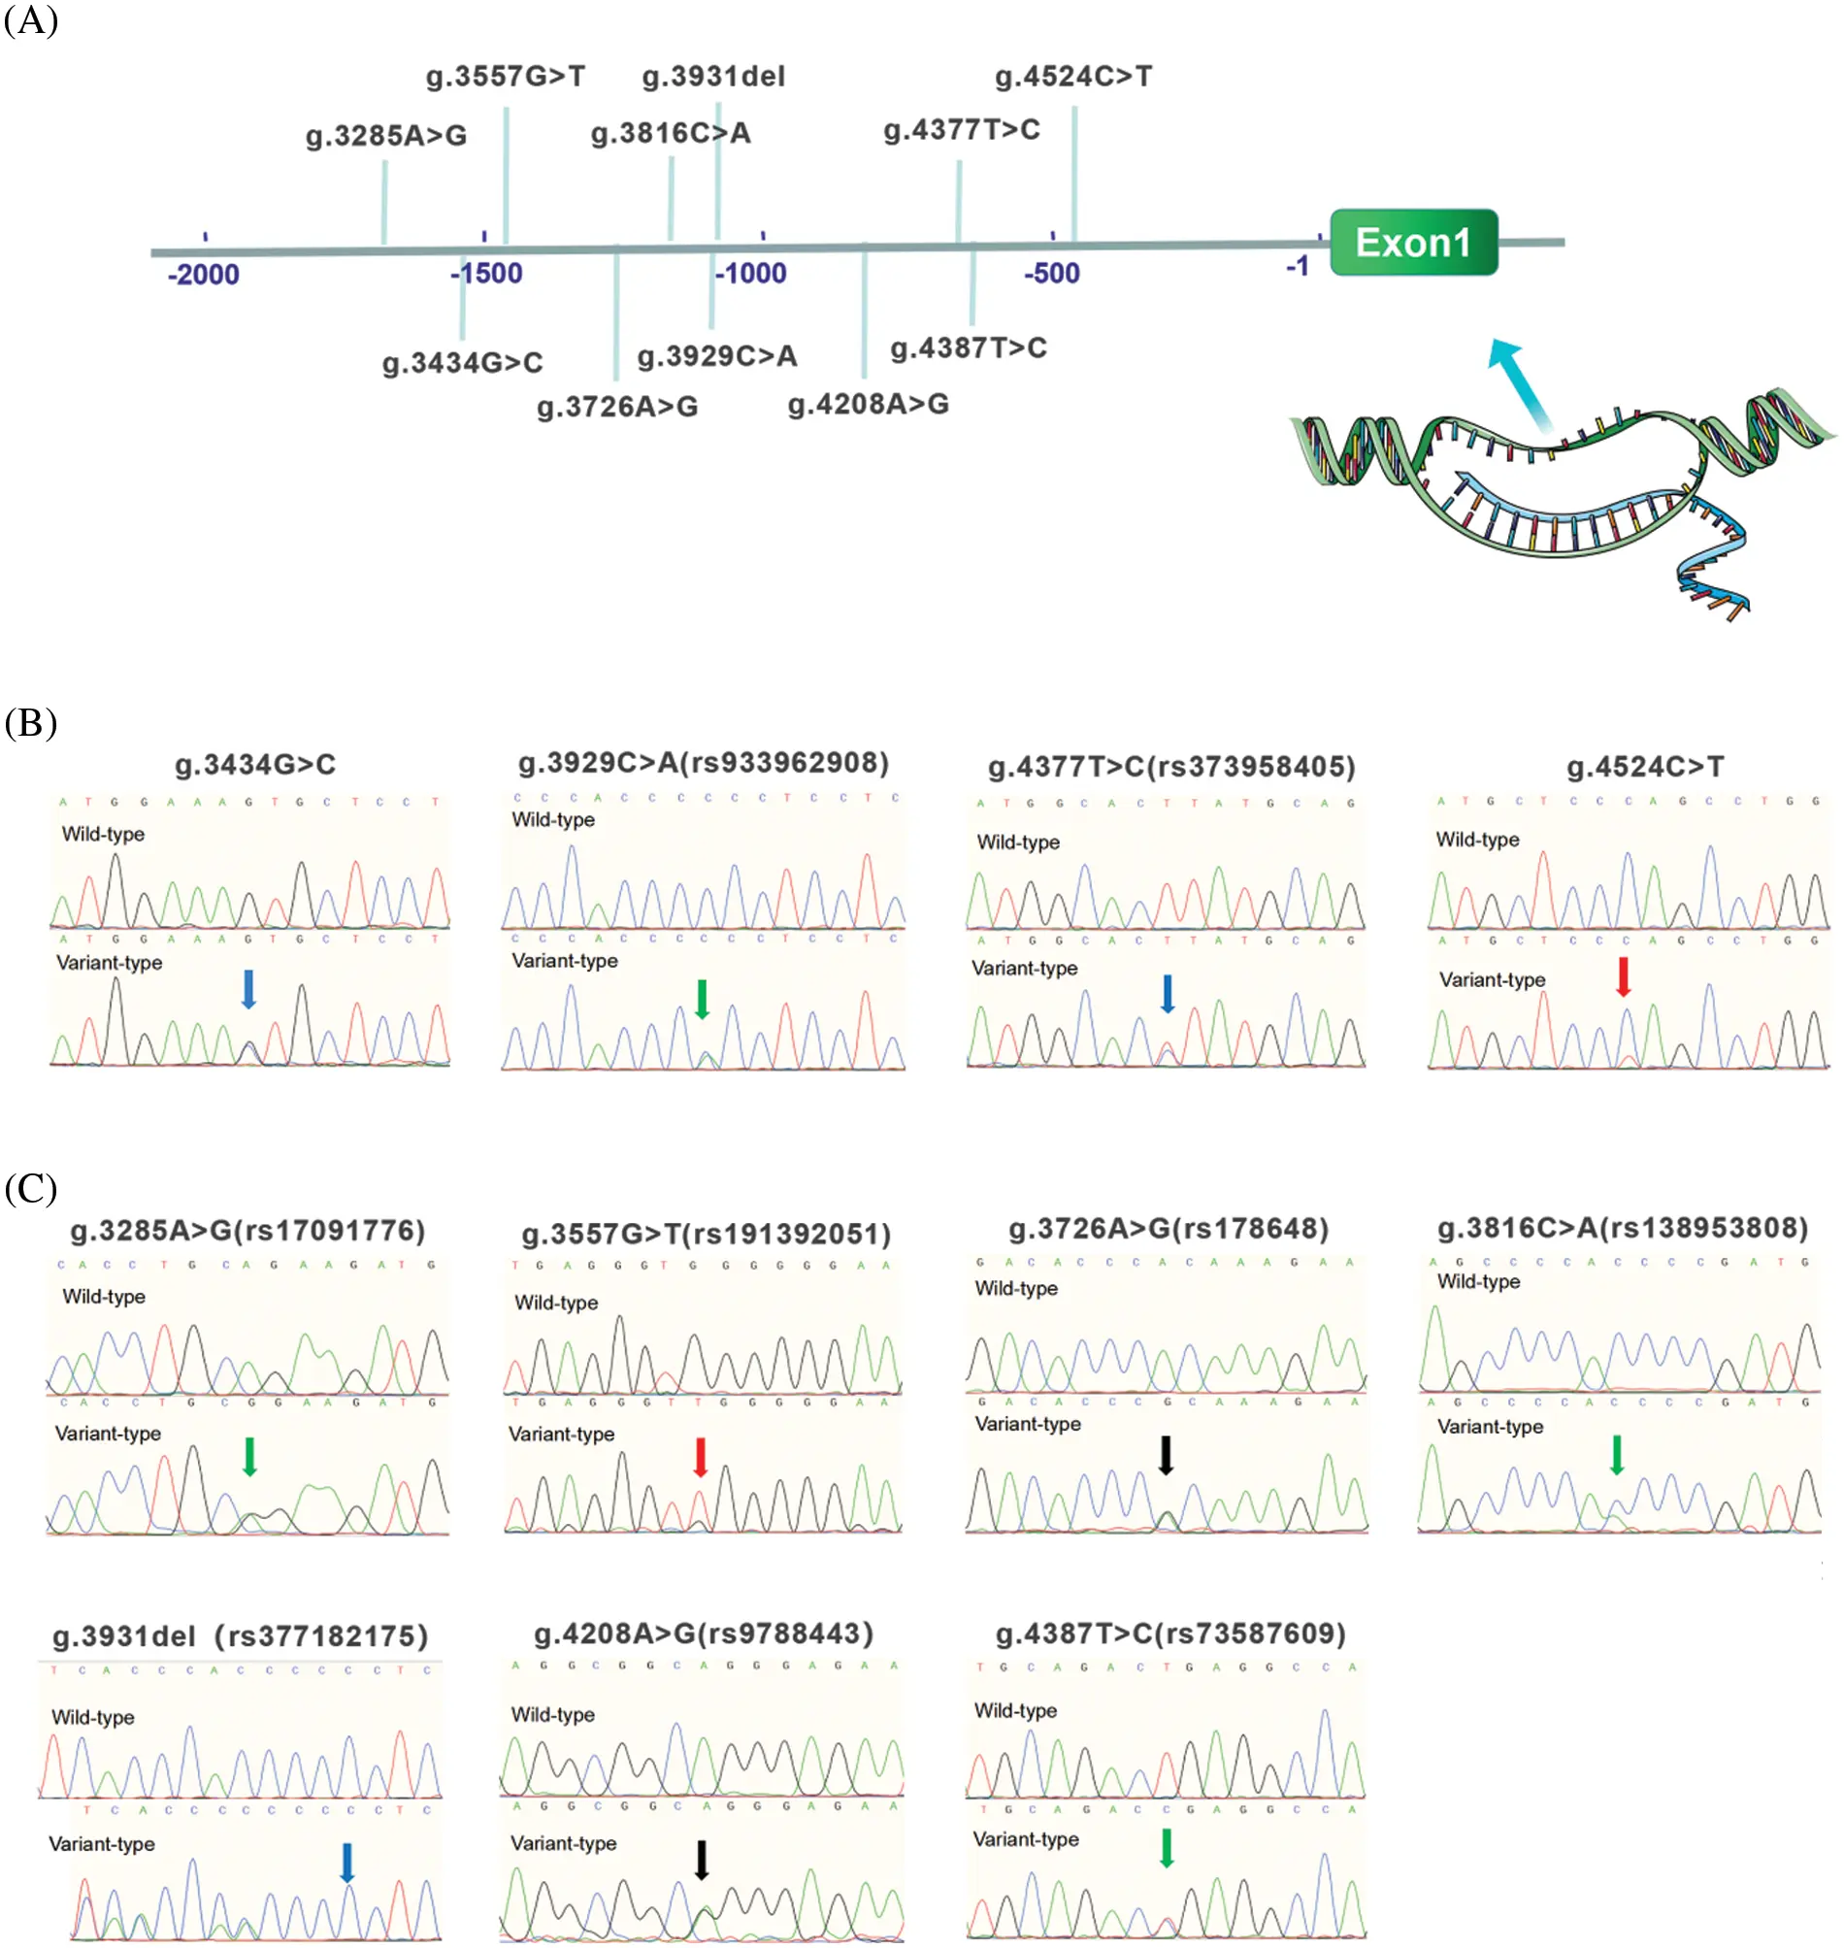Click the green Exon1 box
click(x=1412, y=242)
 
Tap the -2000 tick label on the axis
click(x=204, y=275)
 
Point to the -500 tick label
click(x=1051, y=274)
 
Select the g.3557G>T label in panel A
click(x=506, y=77)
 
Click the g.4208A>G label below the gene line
click(x=868, y=404)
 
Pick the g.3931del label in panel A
click(x=712, y=77)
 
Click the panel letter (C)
click(x=30, y=1188)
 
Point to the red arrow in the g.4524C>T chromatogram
click(x=1623, y=977)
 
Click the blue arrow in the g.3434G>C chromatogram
click(x=248, y=989)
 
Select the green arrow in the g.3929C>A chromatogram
click(x=702, y=999)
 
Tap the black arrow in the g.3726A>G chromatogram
click(x=1166, y=1455)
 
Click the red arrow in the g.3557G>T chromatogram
click(x=700, y=1457)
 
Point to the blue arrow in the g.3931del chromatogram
click(x=347, y=1862)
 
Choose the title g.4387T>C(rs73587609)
click(x=1170, y=1634)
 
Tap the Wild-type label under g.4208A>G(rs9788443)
click(x=552, y=1715)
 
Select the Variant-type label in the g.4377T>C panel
click(x=1024, y=968)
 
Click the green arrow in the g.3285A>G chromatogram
click(x=249, y=1457)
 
